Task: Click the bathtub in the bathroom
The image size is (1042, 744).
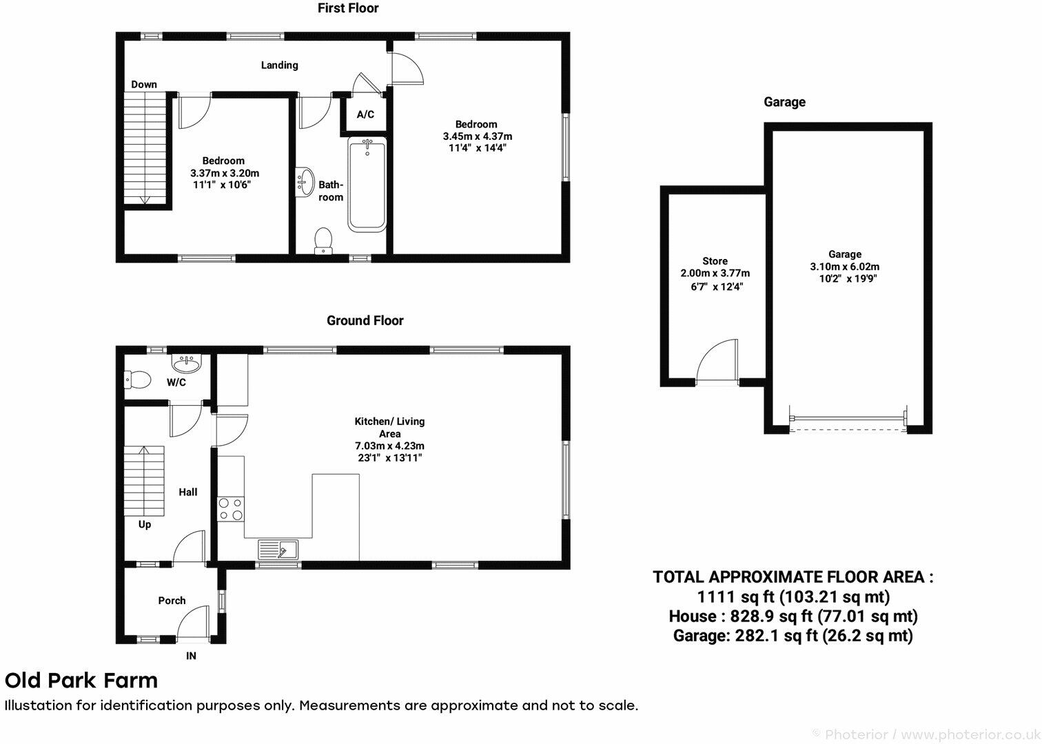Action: tap(367, 184)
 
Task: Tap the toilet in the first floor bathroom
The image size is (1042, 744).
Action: tap(323, 240)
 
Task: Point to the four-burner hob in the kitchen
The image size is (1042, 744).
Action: tap(230, 508)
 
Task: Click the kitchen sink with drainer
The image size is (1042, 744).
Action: tap(278, 549)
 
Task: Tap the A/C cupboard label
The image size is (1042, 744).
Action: tap(365, 114)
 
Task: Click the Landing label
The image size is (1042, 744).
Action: tap(279, 65)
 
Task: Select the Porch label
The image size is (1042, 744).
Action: tap(172, 601)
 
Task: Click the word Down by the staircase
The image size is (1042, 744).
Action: tap(144, 85)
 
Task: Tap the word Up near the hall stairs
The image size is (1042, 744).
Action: tap(145, 524)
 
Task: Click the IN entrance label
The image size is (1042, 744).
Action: tap(191, 656)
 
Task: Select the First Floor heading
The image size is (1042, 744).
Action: tap(348, 8)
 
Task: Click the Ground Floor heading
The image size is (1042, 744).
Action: tap(365, 320)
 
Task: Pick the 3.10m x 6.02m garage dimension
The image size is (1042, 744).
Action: tap(844, 267)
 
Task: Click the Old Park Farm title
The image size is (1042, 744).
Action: tap(81, 681)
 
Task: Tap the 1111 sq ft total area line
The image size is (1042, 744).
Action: tap(793, 597)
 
